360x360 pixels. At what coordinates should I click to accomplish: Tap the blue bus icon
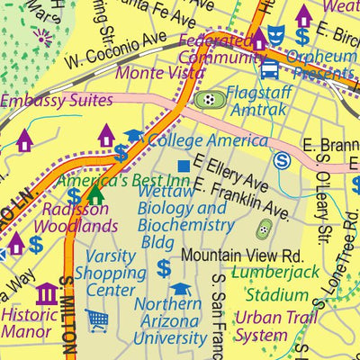coord(269,68)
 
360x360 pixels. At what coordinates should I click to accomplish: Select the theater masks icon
coord(278,36)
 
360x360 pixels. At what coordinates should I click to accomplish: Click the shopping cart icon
coord(97,319)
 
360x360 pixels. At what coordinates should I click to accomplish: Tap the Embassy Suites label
coord(57,101)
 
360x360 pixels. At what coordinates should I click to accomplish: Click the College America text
coord(207,140)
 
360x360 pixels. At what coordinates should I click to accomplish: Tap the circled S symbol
coord(283,161)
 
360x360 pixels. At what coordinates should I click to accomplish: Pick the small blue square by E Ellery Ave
coord(184,166)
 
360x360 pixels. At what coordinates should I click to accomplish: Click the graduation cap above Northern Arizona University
coord(181,290)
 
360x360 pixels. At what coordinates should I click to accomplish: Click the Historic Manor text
coord(29,325)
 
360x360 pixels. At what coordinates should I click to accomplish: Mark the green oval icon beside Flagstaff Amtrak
coord(210,99)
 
